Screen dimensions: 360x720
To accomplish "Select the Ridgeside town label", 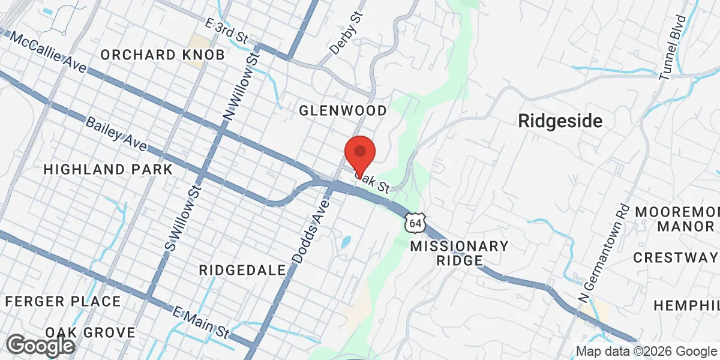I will click(560, 121).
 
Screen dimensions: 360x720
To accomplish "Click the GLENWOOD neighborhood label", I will click(343, 110).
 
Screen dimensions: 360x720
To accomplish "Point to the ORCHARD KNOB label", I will click(163, 55).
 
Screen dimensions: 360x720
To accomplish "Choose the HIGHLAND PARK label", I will click(108, 169).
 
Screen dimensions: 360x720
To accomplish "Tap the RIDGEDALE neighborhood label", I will click(242, 270).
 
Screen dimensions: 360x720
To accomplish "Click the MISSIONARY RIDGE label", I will click(459, 253).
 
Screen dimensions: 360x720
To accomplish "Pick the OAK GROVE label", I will click(90, 332).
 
